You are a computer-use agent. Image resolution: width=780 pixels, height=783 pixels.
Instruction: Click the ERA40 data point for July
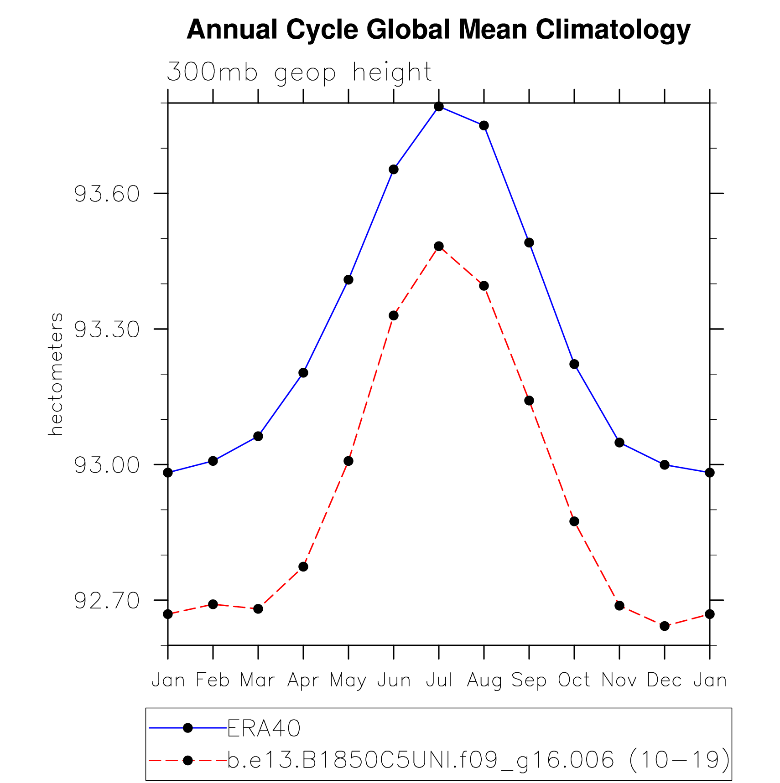click(439, 107)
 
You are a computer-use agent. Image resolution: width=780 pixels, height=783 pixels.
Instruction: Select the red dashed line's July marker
click(439, 247)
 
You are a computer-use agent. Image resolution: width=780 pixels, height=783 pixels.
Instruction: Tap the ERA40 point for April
click(303, 373)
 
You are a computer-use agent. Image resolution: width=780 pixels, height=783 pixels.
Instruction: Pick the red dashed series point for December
click(665, 626)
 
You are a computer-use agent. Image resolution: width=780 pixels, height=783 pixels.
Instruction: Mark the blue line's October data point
click(574, 364)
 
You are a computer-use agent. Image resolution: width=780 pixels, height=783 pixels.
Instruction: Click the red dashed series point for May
click(348, 461)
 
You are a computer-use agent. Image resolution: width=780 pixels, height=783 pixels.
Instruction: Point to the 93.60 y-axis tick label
click(107, 194)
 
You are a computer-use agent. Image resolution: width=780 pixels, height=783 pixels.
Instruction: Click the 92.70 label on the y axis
click(107, 601)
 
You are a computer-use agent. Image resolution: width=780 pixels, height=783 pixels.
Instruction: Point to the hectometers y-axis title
click(55, 374)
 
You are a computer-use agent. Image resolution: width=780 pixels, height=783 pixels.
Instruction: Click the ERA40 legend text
click(264, 728)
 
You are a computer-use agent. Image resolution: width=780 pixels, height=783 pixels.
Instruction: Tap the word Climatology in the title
click(613, 30)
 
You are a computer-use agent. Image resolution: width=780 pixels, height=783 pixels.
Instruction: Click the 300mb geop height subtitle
click(299, 72)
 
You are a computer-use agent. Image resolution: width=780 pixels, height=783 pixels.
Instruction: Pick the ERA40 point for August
click(484, 126)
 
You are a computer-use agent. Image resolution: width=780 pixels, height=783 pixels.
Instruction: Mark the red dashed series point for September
click(529, 401)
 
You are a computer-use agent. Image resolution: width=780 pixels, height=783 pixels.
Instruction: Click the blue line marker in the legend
click(187, 728)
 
